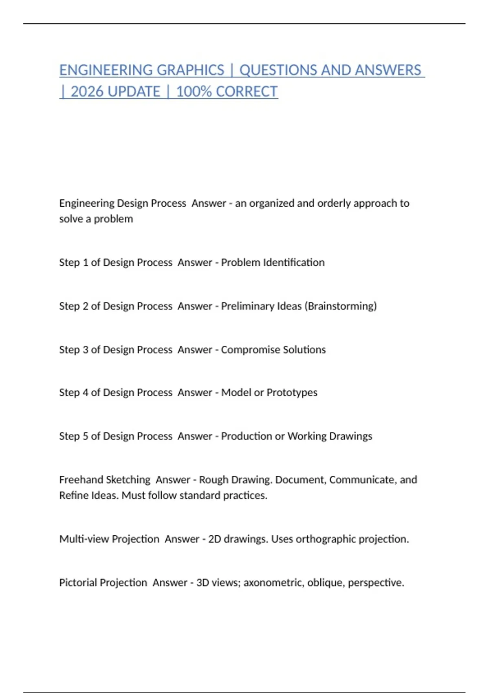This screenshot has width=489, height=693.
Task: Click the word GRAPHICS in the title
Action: coord(190,70)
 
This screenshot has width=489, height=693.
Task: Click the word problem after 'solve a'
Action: coord(113,219)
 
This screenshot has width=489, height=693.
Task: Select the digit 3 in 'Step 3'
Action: coord(86,349)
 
